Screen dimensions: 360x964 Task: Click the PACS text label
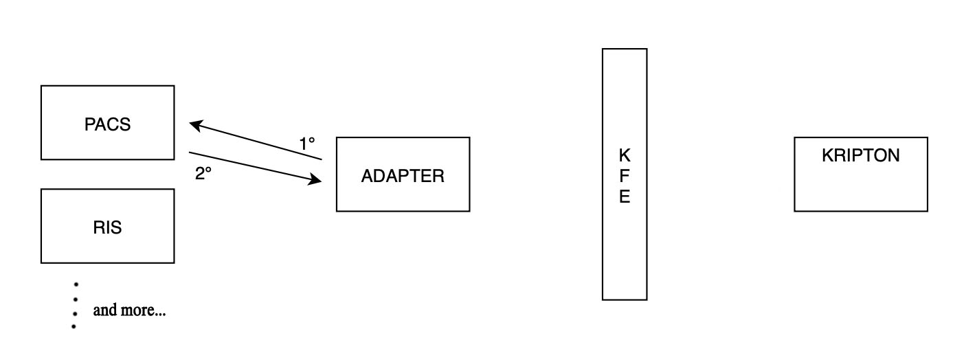pos(108,125)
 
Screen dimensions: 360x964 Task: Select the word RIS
pos(107,228)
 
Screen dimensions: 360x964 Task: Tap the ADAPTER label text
pos(403,176)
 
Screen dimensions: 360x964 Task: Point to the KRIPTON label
pos(860,156)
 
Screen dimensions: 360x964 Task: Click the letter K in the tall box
pos(624,154)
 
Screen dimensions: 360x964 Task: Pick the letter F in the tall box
pos(624,176)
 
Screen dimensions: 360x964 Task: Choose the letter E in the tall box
pos(624,198)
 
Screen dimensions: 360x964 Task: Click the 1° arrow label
pos(307,144)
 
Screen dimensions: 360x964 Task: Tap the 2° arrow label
pos(203,174)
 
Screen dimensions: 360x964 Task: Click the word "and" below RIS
pos(105,311)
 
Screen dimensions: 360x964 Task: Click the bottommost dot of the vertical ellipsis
pos(74,326)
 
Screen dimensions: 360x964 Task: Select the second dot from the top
pos(74,300)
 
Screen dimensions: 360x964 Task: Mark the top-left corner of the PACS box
pos(41,86)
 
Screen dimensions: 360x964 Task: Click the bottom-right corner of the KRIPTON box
pos(928,211)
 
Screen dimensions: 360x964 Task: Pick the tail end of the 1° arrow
pos(322,159)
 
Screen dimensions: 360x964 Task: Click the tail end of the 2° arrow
pos(189,152)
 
